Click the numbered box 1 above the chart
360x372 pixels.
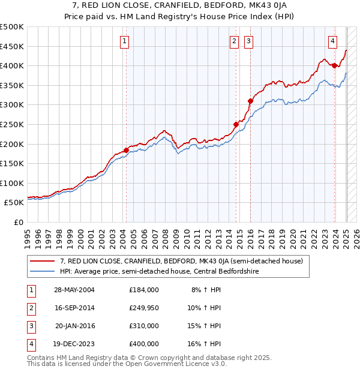tap(124, 41)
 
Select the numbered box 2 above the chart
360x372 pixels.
tap(233, 41)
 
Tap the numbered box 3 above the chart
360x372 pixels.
tap(248, 41)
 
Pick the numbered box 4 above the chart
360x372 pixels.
tap(332, 41)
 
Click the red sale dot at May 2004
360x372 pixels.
tap(126, 150)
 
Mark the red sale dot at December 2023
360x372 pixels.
tap(334, 65)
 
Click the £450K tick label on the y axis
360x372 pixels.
tap(12, 46)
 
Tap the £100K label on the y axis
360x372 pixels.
tap(12, 183)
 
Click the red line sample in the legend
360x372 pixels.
tap(43, 261)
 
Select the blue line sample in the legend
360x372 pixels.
tap(43, 271)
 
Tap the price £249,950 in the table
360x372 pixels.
tap(143, 308)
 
